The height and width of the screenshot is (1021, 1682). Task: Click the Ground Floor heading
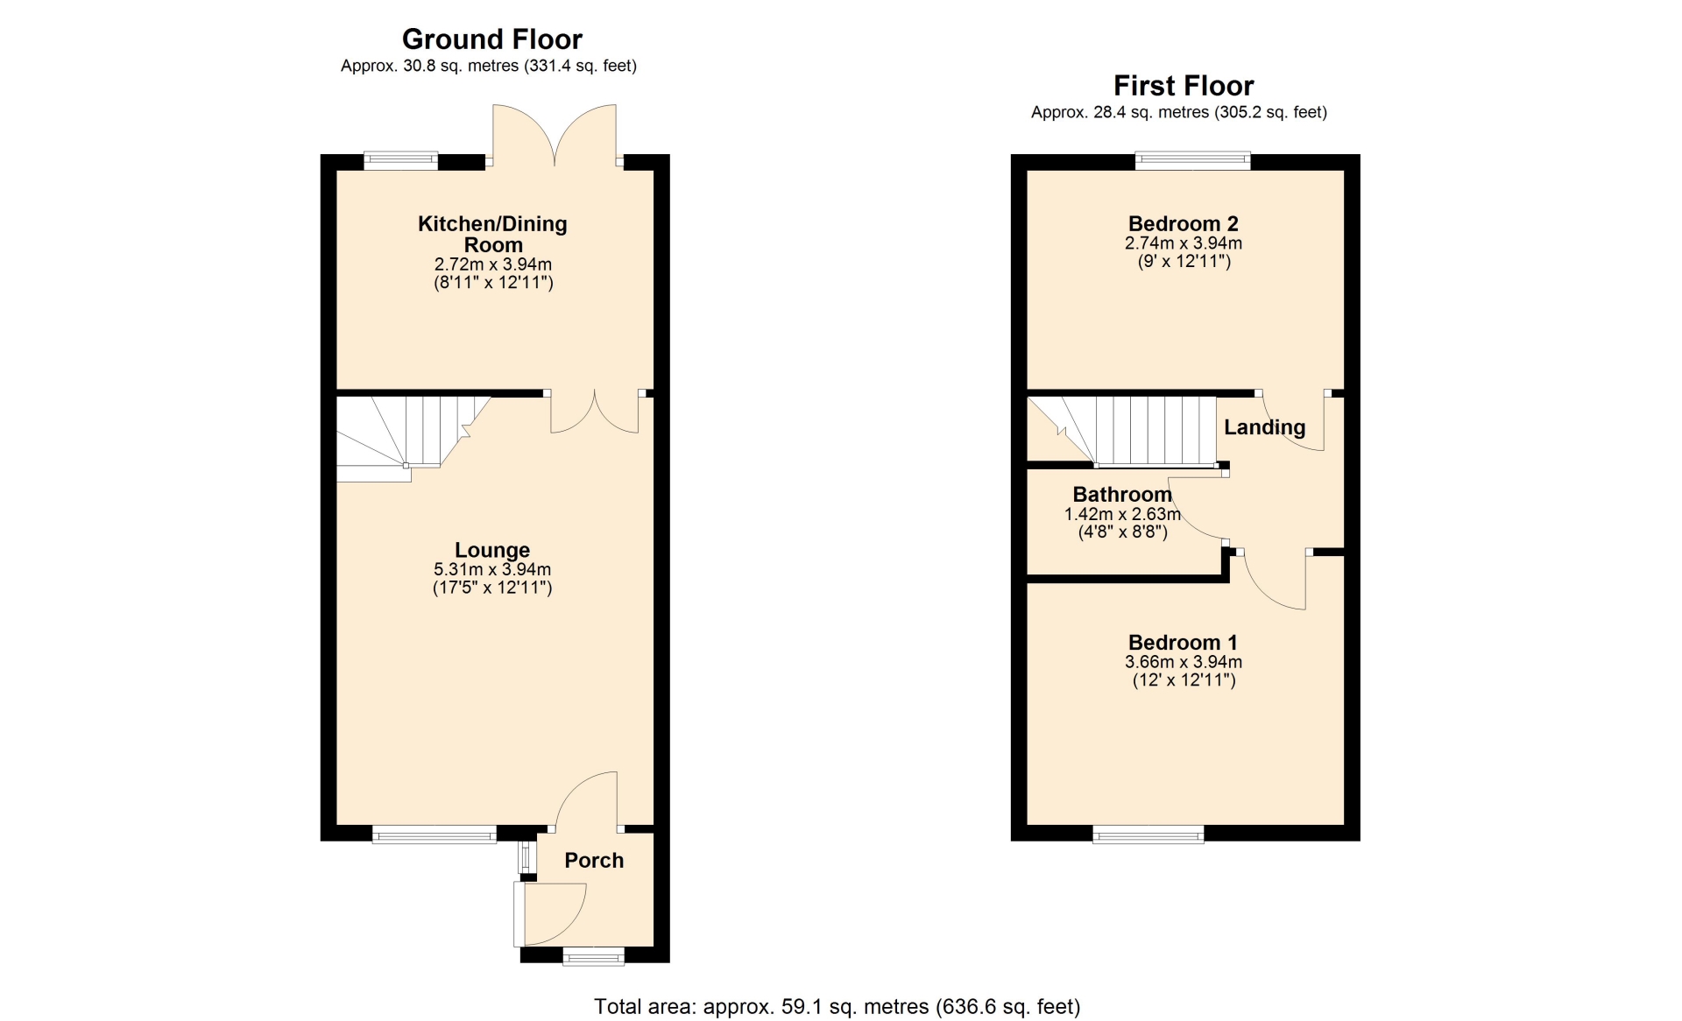click(491, 39)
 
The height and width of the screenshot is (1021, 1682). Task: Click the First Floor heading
click(1184, 86)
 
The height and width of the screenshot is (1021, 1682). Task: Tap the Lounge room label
click(492, 550)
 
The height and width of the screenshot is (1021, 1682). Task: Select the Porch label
click(594, 860)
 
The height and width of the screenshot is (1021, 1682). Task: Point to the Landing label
click(1264, 427)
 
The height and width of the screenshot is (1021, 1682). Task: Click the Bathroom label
click(1122, 494)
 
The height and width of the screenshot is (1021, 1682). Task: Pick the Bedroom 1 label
click(1183, 643)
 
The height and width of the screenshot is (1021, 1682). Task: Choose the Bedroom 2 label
click(1183, 224)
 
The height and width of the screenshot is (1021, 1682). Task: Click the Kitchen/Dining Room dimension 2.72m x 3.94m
click(493, 264)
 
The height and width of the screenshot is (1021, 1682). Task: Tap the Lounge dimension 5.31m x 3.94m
click(492, 569)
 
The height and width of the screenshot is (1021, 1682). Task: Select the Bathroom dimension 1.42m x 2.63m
click(1122, 514)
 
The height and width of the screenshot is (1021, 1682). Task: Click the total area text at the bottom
click(837, 1007)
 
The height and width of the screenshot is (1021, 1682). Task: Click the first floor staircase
click(1122, 430)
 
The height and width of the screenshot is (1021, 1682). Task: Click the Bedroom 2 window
click(1192, 160)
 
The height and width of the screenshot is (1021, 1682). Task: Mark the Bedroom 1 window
click(1148, 834)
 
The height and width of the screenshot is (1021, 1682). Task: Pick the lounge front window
click(435, 834)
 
